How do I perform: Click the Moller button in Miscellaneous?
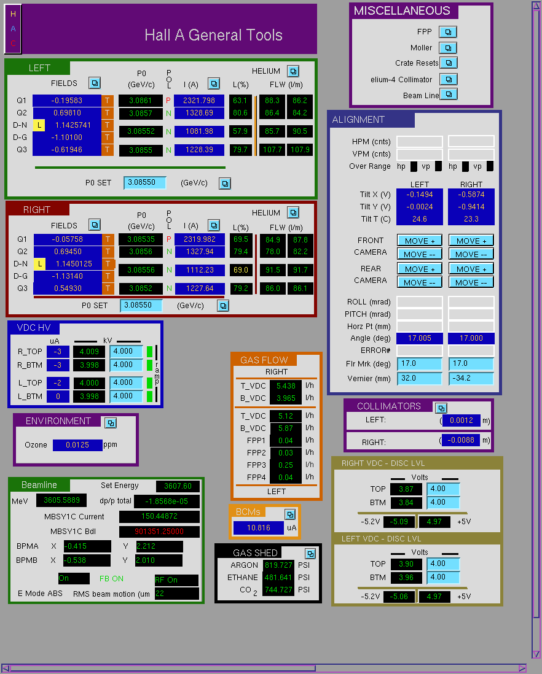point(448,48)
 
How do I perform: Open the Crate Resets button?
point(448,63)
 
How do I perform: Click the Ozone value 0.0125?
point(77,445)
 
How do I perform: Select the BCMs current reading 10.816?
point(259,528)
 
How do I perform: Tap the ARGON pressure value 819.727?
point(278,565)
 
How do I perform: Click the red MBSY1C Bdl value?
point(159,532)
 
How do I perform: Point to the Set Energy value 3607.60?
point(178,486)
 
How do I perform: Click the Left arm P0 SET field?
point(144,183)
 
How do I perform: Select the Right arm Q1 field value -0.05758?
point(68,239)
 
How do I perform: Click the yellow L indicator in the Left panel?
point(39,125)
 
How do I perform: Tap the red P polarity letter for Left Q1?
point(168,101)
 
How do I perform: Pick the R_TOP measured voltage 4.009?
point(89,352)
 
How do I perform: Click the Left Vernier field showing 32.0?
point(419,378)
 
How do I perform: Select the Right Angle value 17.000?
point(471,338)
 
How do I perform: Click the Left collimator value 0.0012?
point(461,420)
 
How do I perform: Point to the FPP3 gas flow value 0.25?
point(285,465)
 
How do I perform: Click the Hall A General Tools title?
point(213,35)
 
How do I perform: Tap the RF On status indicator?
point(176,580)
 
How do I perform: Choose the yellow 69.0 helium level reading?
point(240,270)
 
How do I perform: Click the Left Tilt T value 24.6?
point(419,219)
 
